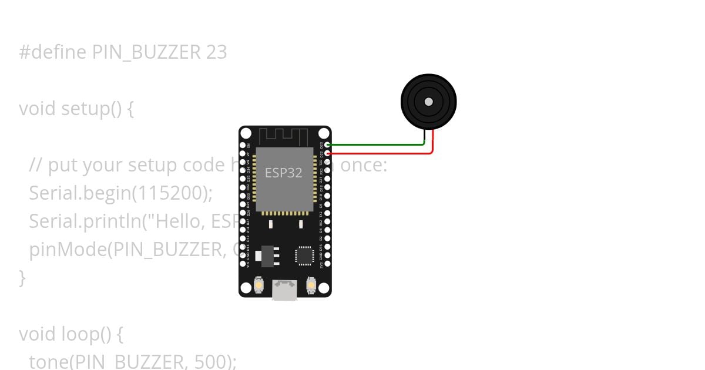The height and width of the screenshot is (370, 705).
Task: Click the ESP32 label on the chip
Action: pyautogui.click(x=283, y=173)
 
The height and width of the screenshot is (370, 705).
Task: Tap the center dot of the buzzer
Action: pyautogui.click(x=429, y=102)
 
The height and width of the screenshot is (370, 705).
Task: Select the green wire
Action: pyautogui.click(x=376, y=144)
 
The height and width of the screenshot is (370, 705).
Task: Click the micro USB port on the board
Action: pyautogui.click(x=285, y=290)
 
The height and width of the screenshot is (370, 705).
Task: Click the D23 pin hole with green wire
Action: pyautogui.click(x=327, y=144)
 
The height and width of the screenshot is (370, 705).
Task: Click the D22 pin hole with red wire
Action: pyautogui.click(x=327, y=153)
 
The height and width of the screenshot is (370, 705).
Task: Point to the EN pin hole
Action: pyautogui.click(x=242, y=144)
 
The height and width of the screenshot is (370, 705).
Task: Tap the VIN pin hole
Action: pyautogui.click(x=242, y=265)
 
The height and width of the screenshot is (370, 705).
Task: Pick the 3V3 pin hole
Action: pyautogui.click(x=327, y=265)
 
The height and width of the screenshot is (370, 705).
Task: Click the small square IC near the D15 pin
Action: pyautogui.click(x=304, y=255)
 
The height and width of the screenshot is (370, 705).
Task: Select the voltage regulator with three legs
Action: pyautogui.click(x=268, y=255)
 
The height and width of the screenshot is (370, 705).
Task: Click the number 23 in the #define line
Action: pyautogui.click(x=216, y=52)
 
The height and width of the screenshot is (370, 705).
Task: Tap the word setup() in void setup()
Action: pyautogui.click(x=97, y=109)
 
